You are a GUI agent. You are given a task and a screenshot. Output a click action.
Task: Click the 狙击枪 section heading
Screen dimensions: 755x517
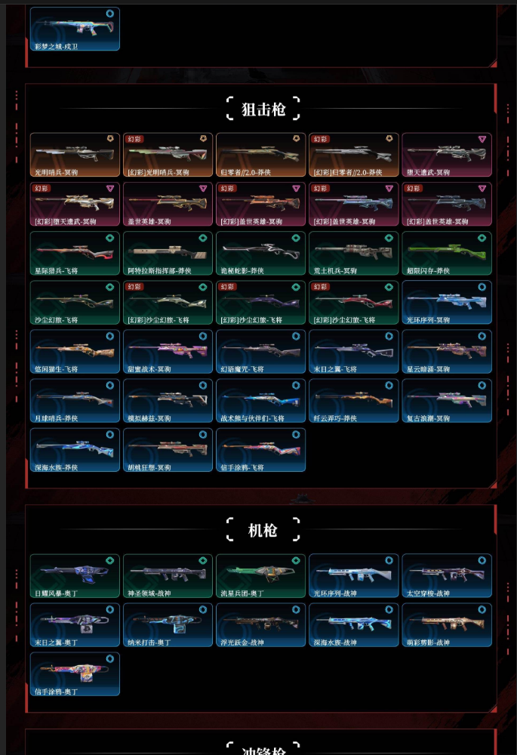pos(263,109)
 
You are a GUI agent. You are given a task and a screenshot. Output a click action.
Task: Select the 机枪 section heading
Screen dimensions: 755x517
pos(263,530)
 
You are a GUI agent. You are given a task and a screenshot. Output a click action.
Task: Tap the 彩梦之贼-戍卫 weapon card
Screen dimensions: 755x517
pos(75,29)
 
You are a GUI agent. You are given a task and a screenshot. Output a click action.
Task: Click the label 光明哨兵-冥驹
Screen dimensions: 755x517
pos(59,172)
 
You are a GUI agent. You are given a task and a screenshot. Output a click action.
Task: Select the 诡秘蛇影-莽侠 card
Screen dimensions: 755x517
pos(260,254)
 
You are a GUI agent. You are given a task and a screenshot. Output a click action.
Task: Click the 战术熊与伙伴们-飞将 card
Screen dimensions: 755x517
pos(260,401)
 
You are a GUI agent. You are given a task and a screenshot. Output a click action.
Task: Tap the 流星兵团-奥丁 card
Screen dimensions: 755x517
pos(260,576)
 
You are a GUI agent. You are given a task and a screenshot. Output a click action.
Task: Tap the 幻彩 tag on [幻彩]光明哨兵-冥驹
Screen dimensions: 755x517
pos(134,139)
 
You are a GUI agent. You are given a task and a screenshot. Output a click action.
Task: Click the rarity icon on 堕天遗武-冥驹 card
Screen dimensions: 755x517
pos(482,140)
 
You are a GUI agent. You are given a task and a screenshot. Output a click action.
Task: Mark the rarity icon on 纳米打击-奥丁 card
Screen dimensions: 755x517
pos(202,609)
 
